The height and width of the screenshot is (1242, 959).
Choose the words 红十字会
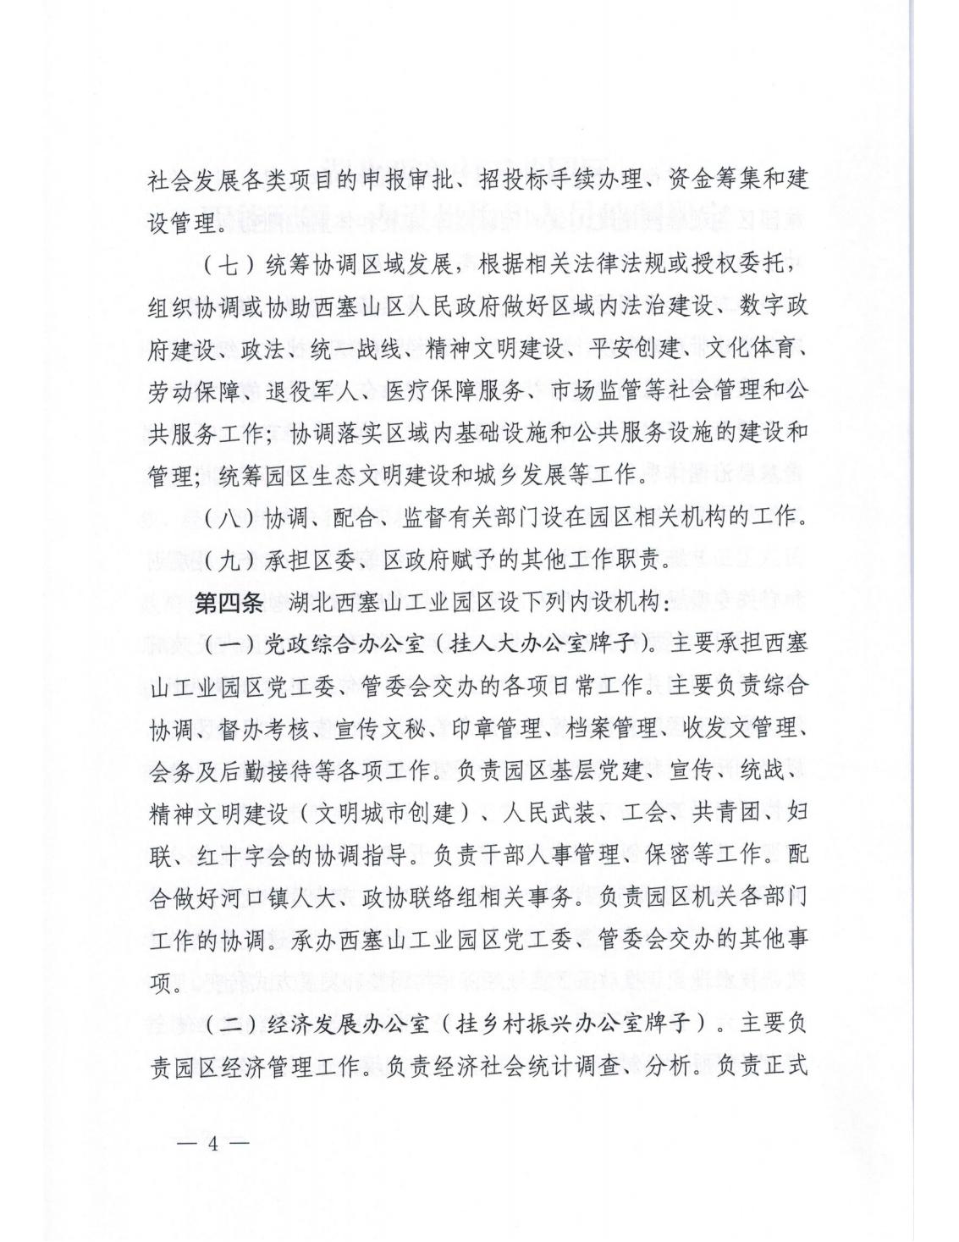(x=257, y=855)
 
